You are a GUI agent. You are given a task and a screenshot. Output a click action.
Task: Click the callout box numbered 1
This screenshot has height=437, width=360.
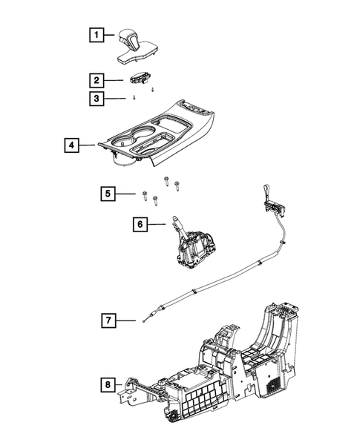tap(94, 34)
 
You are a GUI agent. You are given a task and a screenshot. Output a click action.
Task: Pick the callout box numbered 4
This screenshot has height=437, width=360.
tap(71, 145)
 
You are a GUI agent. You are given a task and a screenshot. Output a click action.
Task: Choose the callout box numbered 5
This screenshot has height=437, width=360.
tap(108, 194)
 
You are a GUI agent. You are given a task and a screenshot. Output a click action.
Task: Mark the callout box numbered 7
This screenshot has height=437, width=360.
tap(108, 321)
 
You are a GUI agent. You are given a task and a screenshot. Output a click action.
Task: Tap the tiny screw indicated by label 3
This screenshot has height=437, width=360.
tap(134, 97)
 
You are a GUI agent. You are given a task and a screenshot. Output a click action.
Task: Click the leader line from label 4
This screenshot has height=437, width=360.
tap(88, 145)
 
